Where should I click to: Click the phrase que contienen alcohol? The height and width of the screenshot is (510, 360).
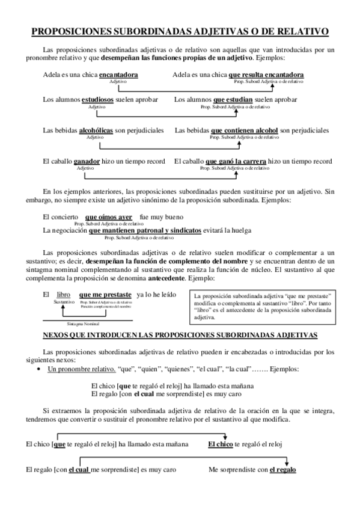245,130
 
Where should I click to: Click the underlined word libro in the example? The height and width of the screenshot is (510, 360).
63,295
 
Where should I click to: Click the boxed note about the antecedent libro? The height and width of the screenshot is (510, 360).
261,306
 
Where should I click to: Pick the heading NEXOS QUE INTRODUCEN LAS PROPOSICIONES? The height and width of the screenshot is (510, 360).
181,334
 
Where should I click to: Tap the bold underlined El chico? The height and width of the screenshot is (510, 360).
220,444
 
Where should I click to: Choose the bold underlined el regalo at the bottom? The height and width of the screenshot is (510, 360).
282,470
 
